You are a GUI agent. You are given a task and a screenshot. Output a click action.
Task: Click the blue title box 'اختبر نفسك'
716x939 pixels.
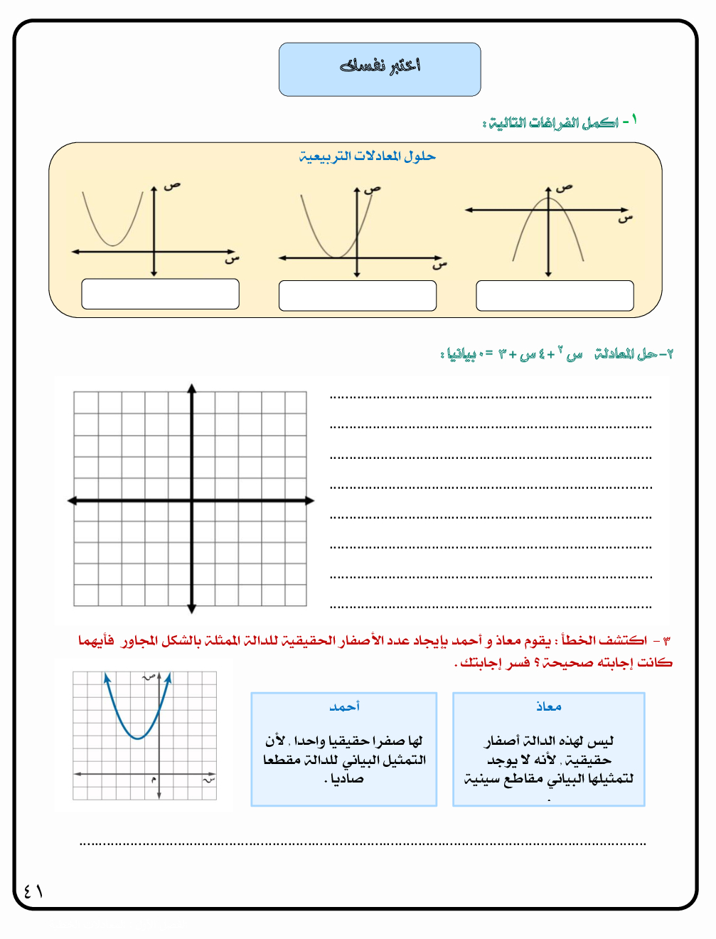[x=380, y=69]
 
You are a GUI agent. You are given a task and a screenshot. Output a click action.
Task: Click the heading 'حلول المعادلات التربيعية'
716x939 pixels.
[x=367, y=156]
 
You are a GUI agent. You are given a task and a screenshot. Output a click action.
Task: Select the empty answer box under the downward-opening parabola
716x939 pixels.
[x=555, y=295]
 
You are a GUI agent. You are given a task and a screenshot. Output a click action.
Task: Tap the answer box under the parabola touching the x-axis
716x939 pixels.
[x=358, y=295]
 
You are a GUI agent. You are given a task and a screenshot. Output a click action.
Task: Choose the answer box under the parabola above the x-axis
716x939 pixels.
[x=160, y=294]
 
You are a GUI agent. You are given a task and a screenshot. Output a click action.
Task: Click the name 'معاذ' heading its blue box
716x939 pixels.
[x=548, y=706]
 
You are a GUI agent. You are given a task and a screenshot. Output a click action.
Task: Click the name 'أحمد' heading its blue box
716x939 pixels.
[x=344, y=706]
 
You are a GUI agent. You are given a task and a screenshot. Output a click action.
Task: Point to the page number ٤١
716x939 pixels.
[x=33, y=891]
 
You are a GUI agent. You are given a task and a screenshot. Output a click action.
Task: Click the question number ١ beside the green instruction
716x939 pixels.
[x=634, y=119]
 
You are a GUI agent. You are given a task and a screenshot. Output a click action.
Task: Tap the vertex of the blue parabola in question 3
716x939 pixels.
[x=139, y=738]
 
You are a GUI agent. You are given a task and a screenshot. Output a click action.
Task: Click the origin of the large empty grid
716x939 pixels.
[x=192, y=501]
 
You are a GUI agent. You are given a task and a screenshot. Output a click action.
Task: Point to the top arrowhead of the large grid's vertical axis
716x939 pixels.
[x=192, y=388]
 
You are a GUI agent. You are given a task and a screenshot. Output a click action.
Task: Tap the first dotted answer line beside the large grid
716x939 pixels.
[x=491, y=397]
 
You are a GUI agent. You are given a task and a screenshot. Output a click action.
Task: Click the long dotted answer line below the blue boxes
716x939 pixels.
[x=363, y=844]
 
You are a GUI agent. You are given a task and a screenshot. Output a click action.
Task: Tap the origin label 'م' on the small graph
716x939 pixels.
[x=153, y=780]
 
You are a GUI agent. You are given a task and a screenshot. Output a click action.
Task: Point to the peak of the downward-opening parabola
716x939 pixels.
[x=548, y=198]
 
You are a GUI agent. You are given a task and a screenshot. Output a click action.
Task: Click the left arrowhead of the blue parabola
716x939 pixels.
[x=107, y=679]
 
